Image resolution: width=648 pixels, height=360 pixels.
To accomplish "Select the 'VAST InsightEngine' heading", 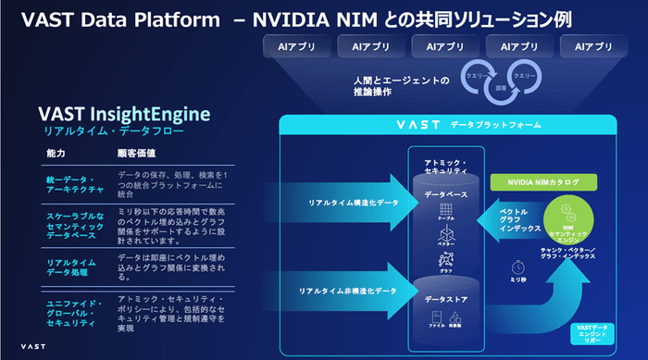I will pyautogui.click(x=125, y=114).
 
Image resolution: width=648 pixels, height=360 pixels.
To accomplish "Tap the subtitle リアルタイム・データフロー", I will pyautogui.click(x=98, y=132).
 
